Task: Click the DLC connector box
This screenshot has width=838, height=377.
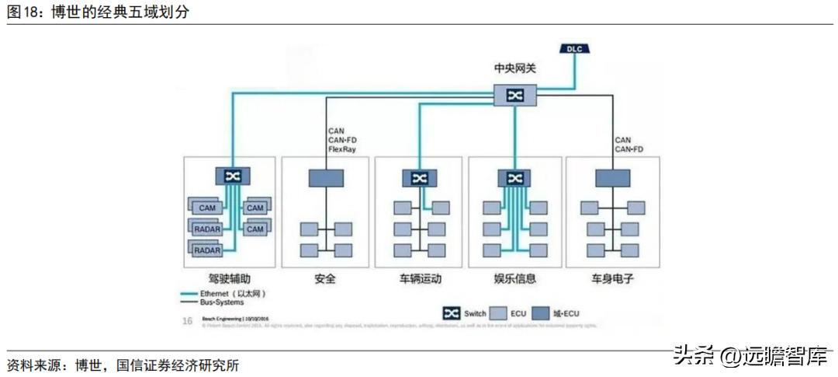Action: point(574,49)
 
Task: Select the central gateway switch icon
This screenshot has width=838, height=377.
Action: point(514,95)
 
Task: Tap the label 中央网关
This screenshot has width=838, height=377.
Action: point(514,68)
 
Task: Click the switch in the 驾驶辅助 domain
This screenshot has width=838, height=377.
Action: point(232,176)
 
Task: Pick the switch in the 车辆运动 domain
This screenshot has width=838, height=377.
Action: point(420,178)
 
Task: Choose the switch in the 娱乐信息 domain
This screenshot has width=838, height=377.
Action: point(514,178)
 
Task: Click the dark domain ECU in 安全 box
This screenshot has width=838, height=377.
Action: point(326,178)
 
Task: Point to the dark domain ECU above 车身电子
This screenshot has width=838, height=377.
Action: point(613,178)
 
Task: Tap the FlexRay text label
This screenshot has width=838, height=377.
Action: point(342,148)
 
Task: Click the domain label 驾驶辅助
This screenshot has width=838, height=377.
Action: point(230,278)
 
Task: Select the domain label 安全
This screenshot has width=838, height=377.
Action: point(325,278)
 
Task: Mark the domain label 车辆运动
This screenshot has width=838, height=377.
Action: point(420,278)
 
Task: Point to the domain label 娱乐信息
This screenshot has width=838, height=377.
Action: point(514,278)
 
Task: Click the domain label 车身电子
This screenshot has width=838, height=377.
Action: point(612,278)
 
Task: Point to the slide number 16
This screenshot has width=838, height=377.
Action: point(187,320)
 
